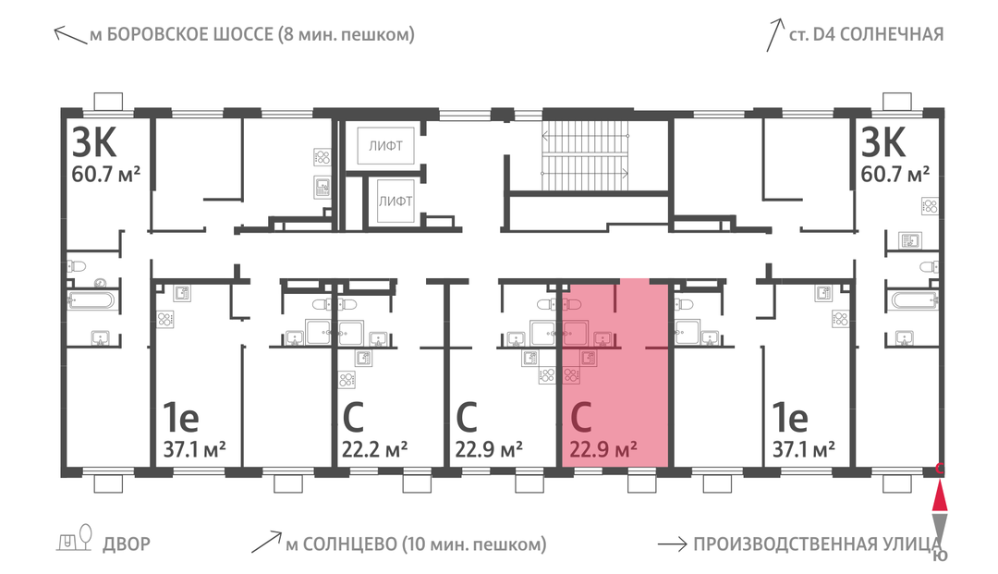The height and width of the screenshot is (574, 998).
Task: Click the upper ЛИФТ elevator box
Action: click(385, 146)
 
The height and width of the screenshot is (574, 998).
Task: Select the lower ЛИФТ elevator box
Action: click(396, 202)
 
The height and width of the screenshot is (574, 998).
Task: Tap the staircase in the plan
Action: click(585, 154)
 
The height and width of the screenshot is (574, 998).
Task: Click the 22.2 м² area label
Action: click(374, 450)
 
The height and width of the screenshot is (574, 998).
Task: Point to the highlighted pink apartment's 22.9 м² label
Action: click(602, 450)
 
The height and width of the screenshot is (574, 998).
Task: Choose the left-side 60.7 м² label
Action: click(105, 174)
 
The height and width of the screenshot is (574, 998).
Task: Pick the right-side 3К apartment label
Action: click(882, 142)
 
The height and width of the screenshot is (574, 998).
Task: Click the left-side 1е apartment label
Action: click(181, 418)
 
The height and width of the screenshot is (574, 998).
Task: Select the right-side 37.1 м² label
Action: click(803, 450)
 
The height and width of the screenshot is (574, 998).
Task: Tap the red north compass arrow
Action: click(940, 497)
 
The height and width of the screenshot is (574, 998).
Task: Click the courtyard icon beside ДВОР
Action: click(75, 538)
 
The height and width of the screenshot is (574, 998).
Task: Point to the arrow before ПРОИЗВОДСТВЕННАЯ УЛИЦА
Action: click(672, 544)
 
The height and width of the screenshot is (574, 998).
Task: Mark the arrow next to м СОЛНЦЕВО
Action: click(266, 542)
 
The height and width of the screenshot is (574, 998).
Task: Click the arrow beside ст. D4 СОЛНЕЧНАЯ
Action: click(774, 34)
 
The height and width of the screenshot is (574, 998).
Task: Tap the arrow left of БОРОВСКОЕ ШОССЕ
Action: click(70, 35)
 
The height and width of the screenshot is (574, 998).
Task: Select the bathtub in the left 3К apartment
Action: click(92, 300)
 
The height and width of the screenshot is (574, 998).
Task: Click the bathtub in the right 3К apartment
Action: click(915, 299)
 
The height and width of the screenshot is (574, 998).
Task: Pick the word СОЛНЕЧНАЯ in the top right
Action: click(892, 34)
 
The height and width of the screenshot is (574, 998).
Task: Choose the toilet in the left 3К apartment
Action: click(76, 265)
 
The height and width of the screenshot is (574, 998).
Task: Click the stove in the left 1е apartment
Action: click(165, 319)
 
